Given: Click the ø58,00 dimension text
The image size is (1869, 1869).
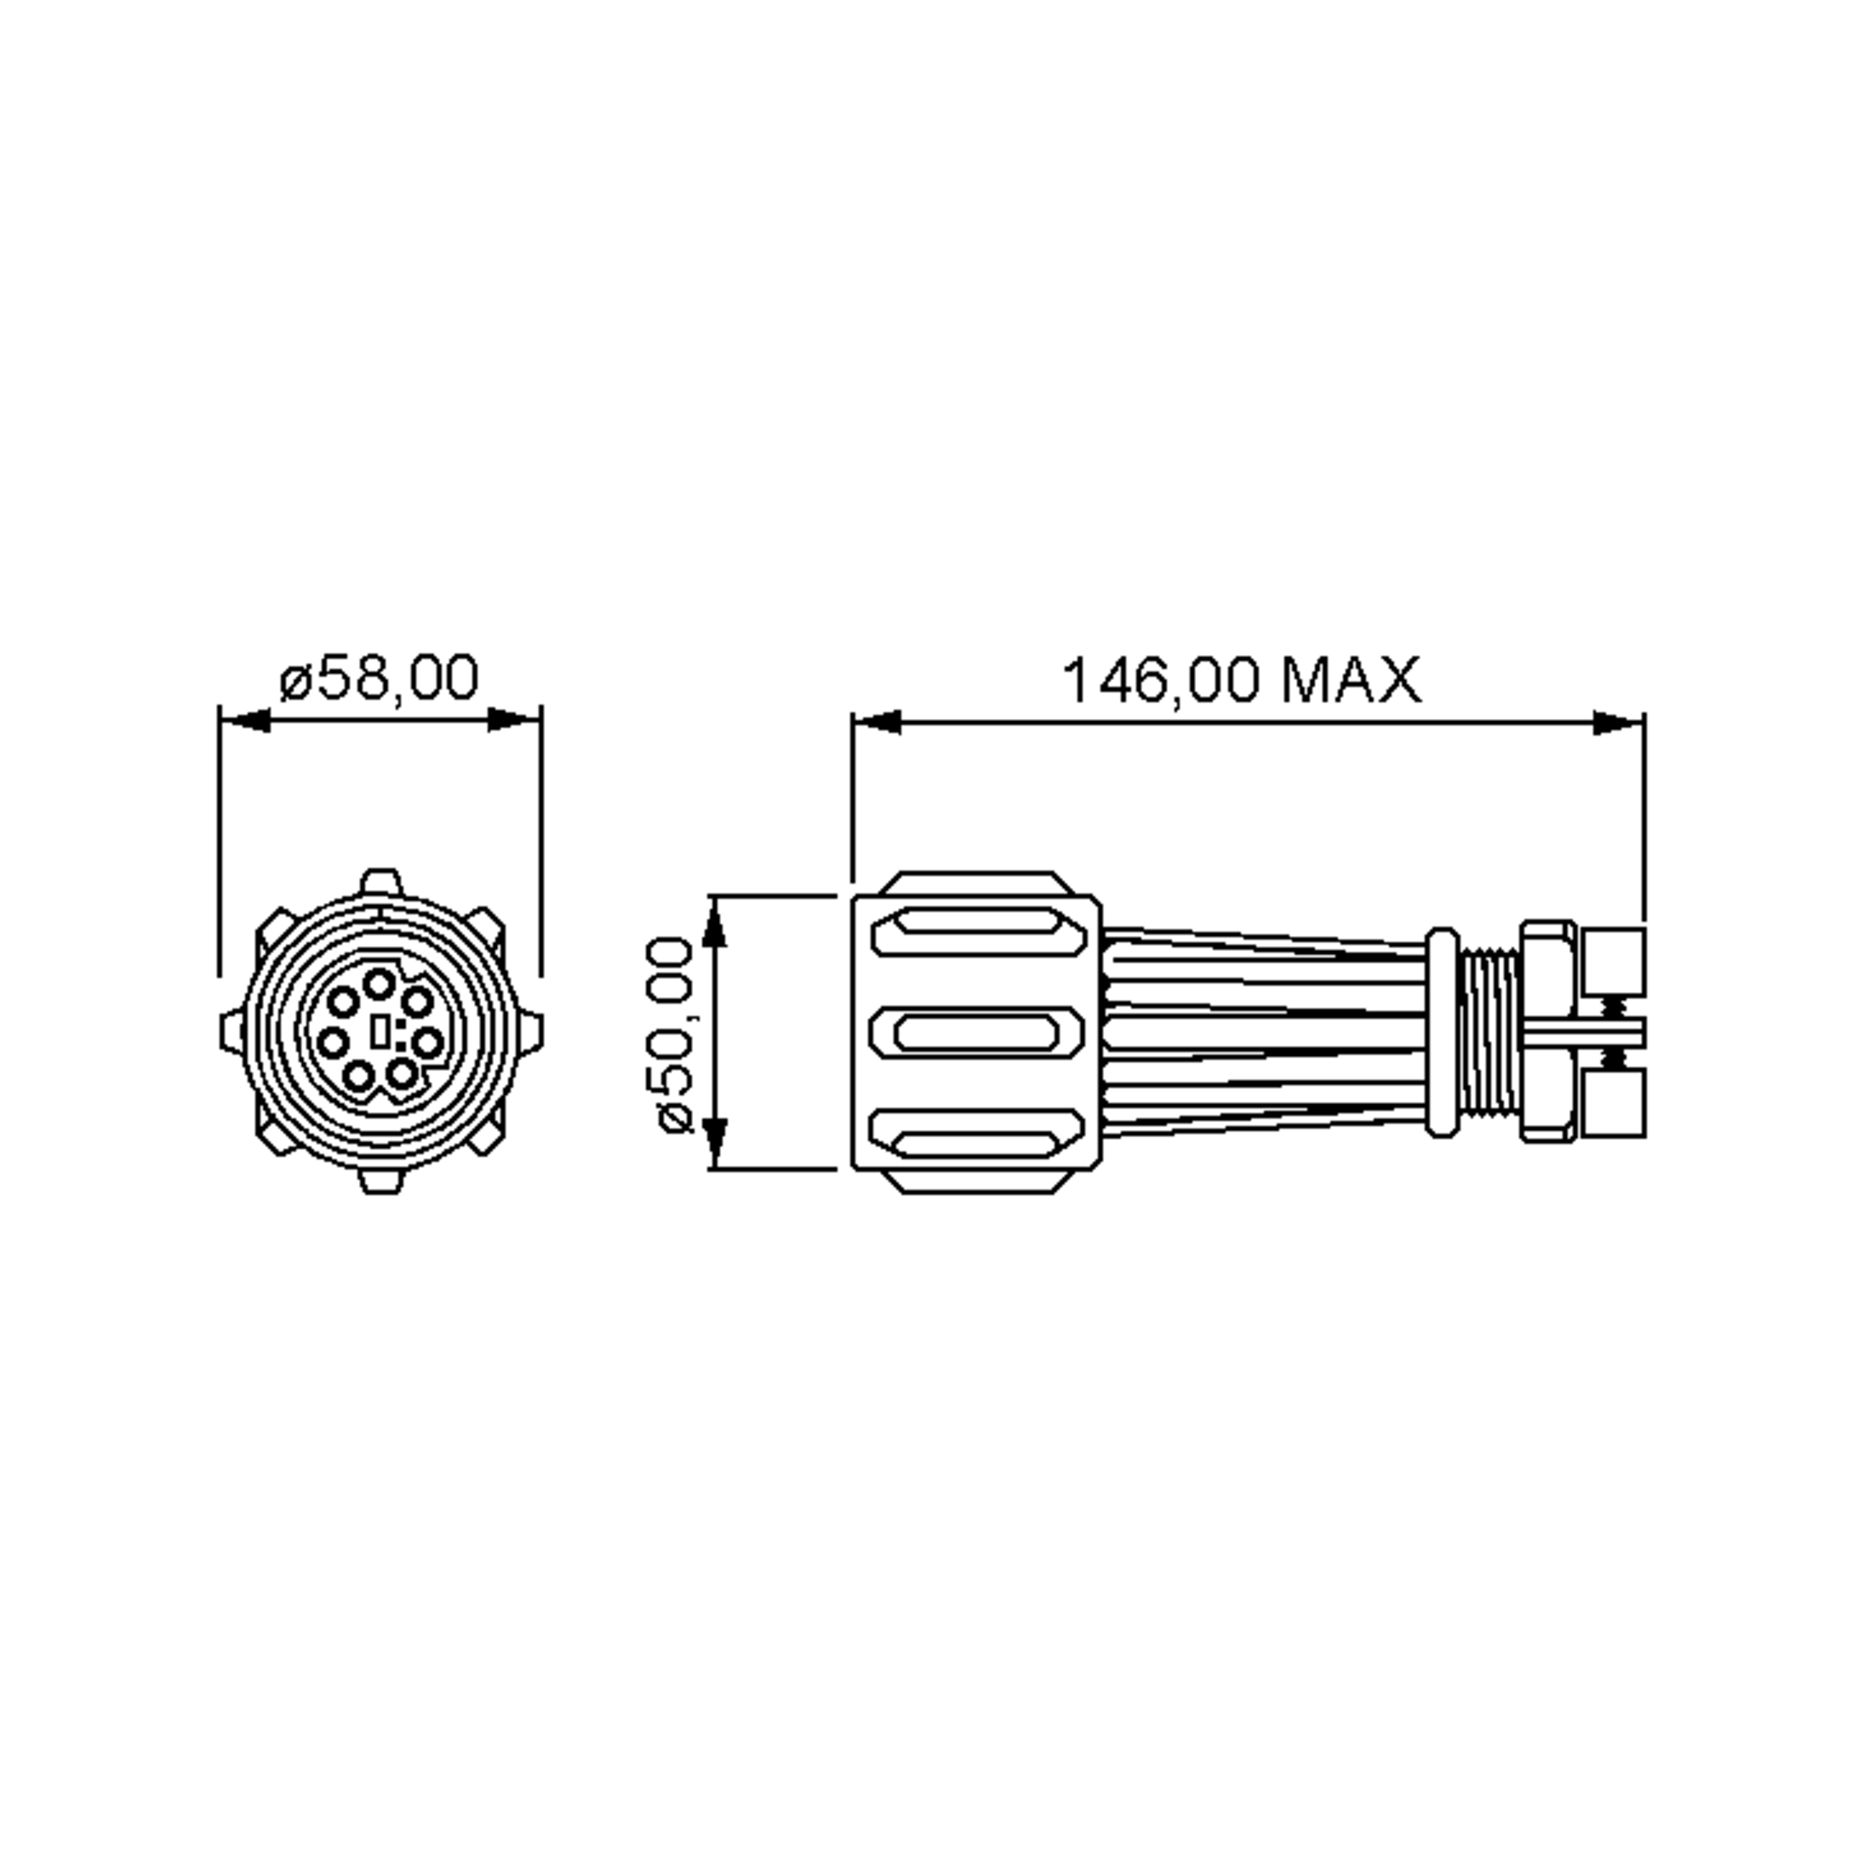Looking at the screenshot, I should (x=379, y=678).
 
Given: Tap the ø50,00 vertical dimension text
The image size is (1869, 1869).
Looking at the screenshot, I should (x=675, y=1034).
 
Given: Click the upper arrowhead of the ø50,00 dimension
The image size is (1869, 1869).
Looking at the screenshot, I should (x=714, y=923).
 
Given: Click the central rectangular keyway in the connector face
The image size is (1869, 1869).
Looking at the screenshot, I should (x=381, y=1031).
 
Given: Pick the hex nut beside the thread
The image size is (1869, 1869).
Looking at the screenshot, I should (x=1546, y=1032).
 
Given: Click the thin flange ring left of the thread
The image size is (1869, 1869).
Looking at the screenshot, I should (x=1441, y=1032).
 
